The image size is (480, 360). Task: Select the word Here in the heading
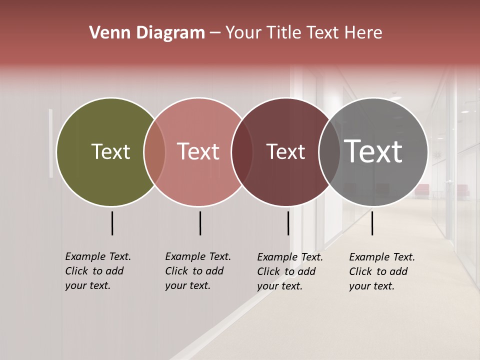click(364, 33)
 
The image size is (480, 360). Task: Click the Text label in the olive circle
click(110, 151)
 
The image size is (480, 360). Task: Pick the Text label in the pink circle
click(198, 151)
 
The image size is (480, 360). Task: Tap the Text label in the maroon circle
click(285, 151)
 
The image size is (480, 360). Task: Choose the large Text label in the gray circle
click(373, 151)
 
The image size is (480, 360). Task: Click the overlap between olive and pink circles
click(154, 151)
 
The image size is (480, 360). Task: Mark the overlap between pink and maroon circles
click(242, 151)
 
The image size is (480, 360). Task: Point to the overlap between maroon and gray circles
click(329, 151)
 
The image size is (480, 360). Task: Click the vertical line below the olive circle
click(112, 223)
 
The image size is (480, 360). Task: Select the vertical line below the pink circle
click(200, 223)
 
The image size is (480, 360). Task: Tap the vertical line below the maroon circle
click(288, 223)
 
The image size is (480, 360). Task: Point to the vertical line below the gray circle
click(372, 223)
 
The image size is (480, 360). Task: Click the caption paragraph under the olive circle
click(98, 271)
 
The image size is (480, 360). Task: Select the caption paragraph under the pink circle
click(198, 271)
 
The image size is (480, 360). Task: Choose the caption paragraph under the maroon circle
click(290, 271)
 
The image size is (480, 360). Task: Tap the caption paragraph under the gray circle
click(382, 271)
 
